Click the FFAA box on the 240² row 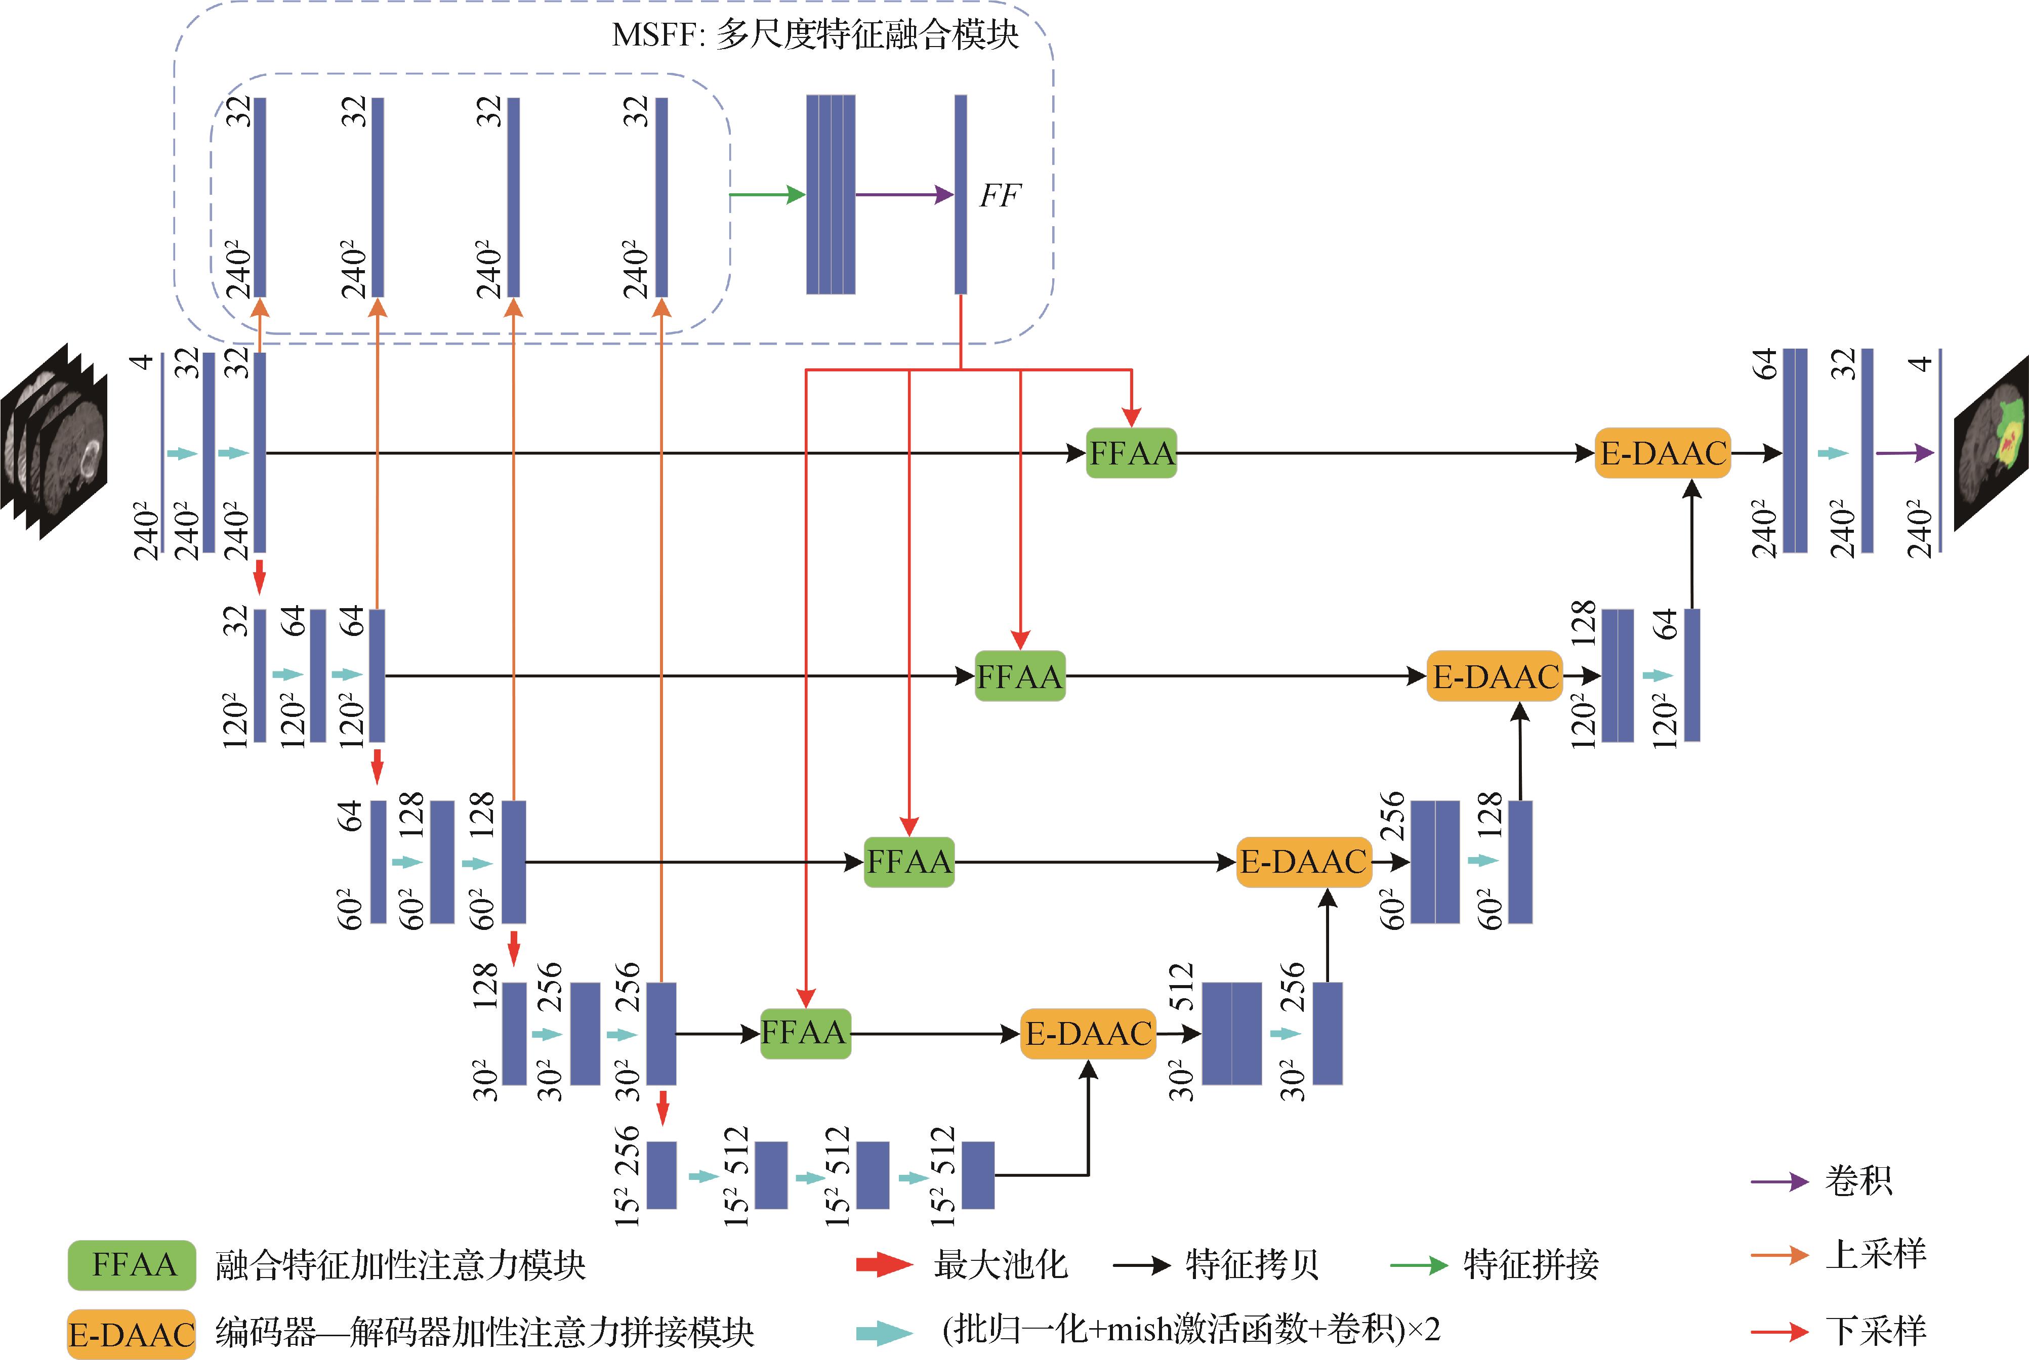pyautogui.click(x=1131, y=453)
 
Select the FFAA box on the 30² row pyautogui.click(x=805, y=1033)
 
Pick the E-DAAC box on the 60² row pyautogui.click(x=1303, y=862)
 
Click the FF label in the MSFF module pyautogui.click(x=1000, y=196)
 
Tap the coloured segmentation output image pyautogui.click(x=1992, y=442)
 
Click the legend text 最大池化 pyautogui.click(x=1000, y=1264)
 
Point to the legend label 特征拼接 pyautogui.click(x=1530, y=1264)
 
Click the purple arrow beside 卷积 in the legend pyautogui.click(x=1778, y=1181)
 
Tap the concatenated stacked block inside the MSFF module pyautogui.click(x=830, y=194)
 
